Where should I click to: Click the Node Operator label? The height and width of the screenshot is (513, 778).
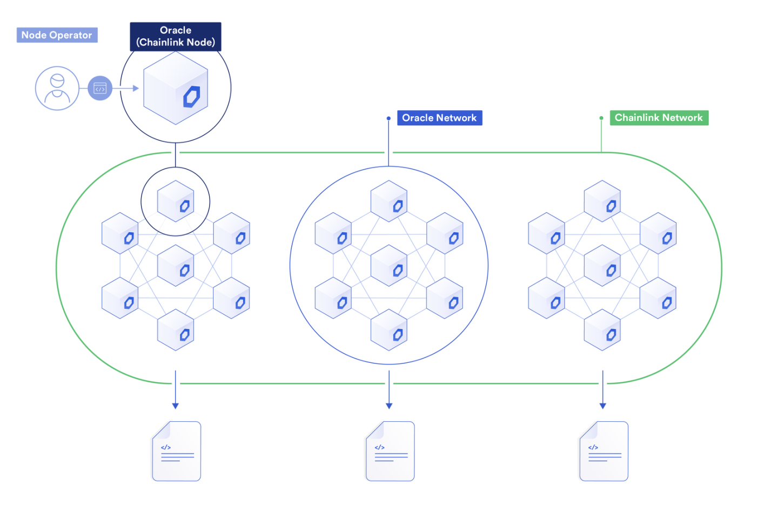click(57, 35)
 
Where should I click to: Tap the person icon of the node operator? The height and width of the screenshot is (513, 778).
click(57, 89)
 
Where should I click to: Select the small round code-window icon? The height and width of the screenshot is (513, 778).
click(100, 89)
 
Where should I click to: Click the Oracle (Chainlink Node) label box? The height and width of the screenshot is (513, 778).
click(176, 37)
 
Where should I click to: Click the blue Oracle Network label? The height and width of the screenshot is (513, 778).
click(439, 118)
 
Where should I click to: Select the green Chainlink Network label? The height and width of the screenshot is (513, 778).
click(659, 118)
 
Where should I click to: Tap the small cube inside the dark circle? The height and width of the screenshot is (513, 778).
click(176, 201)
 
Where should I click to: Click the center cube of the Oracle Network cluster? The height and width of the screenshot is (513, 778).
click(389, 265)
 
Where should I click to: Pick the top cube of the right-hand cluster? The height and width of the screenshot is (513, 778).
click(602, 201)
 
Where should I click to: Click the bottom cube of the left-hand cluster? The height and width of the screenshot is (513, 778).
click(176, 330)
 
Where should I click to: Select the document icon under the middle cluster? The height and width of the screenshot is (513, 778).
click(390, 451)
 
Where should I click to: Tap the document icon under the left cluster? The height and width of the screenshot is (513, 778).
click(177, 451)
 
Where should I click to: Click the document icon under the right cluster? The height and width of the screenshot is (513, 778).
click(603, 451)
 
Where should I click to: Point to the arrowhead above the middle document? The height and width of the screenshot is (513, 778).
click(389, 406)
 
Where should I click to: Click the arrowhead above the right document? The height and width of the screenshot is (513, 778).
click(603, 406)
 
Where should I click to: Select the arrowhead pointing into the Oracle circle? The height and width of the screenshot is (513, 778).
click(136, 89)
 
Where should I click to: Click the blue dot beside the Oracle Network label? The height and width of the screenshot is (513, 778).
click(388, 118)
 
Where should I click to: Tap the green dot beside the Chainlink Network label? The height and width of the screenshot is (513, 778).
click(601, 118)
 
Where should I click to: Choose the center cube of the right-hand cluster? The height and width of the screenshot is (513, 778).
click(602, 265)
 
